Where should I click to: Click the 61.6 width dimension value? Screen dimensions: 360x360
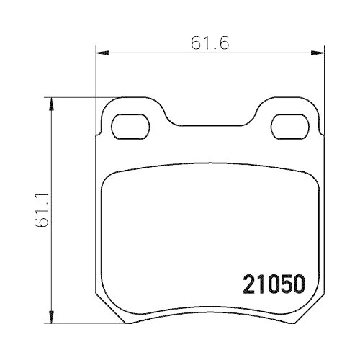(x=210, y=43)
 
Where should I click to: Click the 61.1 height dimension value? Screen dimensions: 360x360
(x=42, y=210)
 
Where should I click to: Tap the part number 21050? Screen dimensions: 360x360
(x=274, y=284)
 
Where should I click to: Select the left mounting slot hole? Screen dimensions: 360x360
(x=130, y=127)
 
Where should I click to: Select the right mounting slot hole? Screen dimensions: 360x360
(x=290, y=127)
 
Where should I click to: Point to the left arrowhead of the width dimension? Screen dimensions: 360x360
(x=102, y=53)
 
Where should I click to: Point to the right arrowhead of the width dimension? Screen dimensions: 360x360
(x=318, y=53)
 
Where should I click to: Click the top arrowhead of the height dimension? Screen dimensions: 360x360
(x=51, y=104)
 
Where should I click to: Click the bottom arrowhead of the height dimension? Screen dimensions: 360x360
(x=51, y=317)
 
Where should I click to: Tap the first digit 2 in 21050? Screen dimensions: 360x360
(x=249, y=284)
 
